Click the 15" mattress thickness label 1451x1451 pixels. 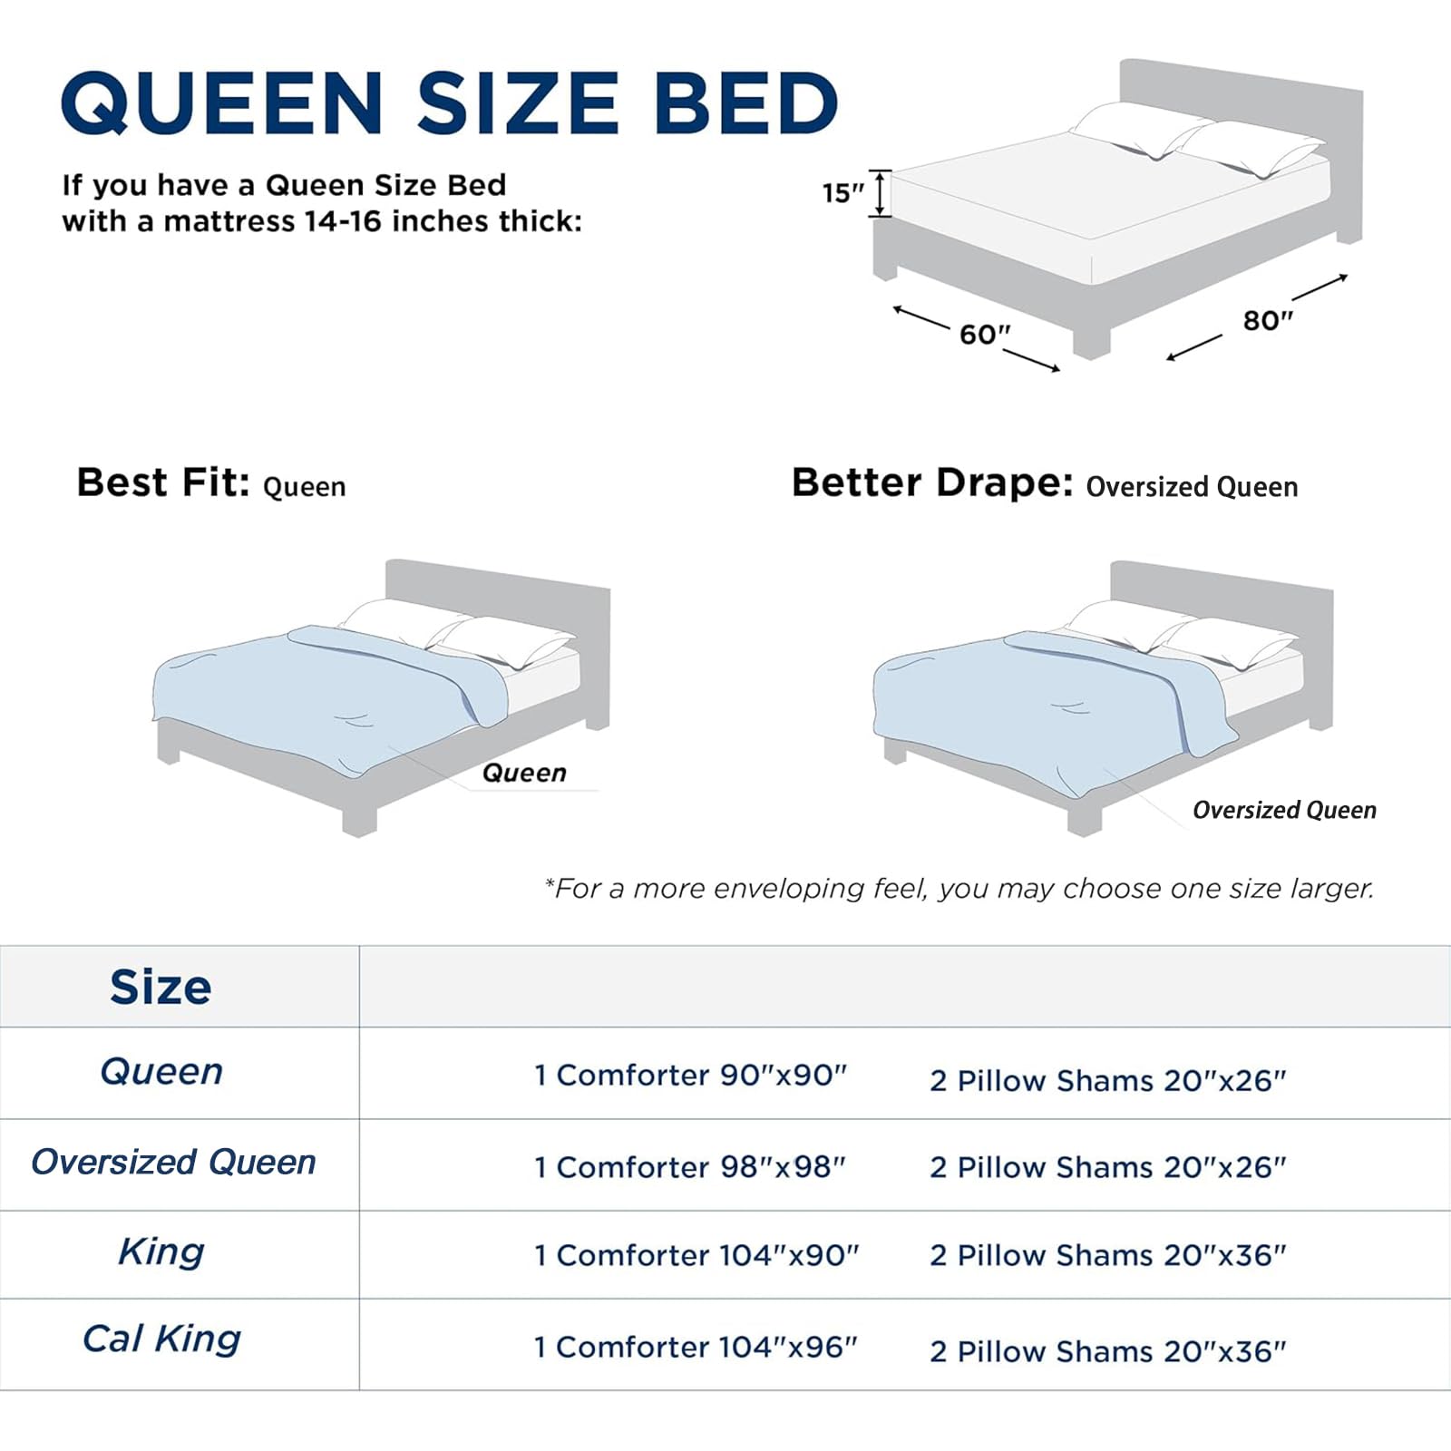[842, 193]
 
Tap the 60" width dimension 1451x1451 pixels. [985, 335]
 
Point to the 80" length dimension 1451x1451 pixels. [1267, 320]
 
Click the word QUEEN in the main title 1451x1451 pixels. [222, 102]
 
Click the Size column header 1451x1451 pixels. [161, 987]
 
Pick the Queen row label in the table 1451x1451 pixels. [161, 1072]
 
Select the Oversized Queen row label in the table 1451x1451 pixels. [173, 1162]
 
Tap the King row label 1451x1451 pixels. [161, 1252]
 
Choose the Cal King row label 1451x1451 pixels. [161, 1339]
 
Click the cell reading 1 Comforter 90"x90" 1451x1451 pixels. [690, 1076]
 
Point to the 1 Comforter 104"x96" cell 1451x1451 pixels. [696, 1348]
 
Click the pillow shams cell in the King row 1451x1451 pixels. [1107, 1256]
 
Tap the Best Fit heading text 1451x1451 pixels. [163, 483]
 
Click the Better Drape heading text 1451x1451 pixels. [932, 483]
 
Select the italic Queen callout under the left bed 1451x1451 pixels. [524, 773]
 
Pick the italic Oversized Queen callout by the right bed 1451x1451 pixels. [1284, 810]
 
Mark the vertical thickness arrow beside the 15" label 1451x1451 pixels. [880, 193]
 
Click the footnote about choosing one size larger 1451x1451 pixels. [959, 889]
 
